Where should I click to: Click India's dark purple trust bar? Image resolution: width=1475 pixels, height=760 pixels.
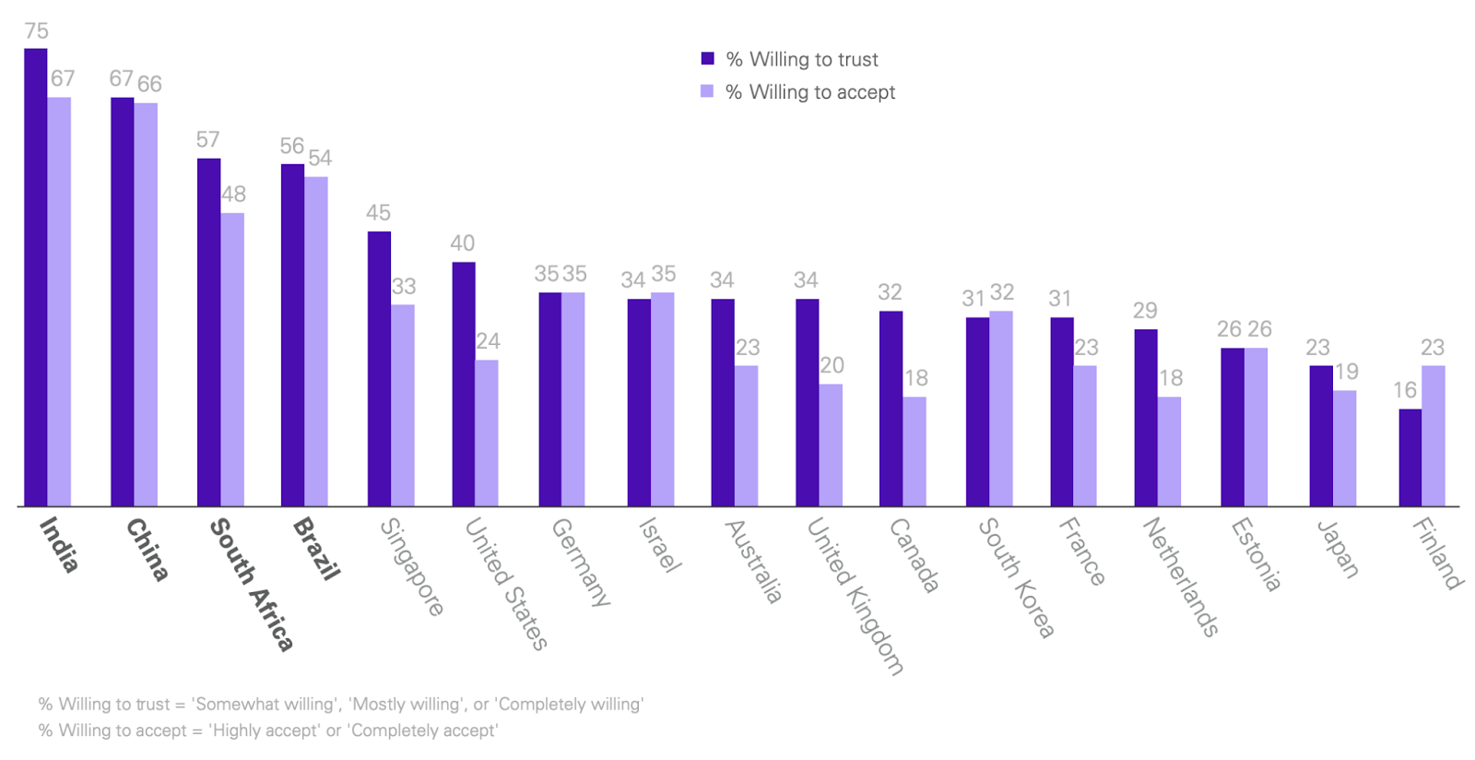[35, 277]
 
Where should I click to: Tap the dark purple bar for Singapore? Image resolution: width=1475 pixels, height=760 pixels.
[379, 369]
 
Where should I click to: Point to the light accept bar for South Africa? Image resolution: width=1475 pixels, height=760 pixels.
[232, 360]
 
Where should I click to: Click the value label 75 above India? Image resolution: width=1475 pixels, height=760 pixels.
[36, 31]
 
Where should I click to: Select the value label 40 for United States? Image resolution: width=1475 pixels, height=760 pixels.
[462, 243]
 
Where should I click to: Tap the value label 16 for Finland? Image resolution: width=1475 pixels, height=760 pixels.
[1405, 390]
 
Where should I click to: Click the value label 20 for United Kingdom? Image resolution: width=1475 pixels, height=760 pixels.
[832, 365]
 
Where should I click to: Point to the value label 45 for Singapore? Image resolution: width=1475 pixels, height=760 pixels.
[378, 213]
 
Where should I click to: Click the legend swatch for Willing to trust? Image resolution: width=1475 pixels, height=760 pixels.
[708, 59]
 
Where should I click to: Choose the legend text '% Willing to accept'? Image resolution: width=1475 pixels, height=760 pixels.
[810, 92]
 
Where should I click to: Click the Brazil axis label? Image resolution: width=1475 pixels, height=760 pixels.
[316, 548]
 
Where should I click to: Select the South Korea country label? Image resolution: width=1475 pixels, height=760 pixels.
[1015, 577]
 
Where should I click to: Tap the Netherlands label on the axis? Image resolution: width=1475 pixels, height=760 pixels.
[1181, 576]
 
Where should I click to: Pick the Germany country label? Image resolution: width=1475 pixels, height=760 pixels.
[580, 562]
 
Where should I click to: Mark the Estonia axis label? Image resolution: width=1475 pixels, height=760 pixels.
[1256, 553]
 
